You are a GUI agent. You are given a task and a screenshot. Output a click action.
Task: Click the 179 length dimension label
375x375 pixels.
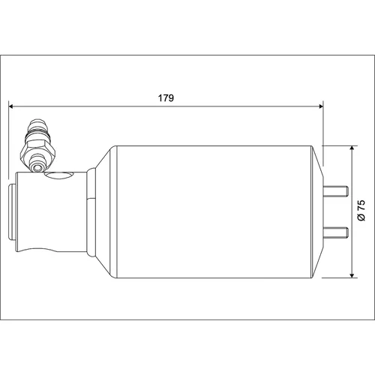[166, 98]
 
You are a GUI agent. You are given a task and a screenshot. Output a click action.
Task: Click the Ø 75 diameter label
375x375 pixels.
[361, 210]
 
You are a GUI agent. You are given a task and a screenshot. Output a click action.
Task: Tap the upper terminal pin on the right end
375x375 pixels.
[335, 191]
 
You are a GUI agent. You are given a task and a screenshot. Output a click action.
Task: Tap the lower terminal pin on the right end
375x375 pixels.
[335, 232]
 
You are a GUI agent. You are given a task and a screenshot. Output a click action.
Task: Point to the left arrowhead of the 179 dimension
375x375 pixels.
[11, 106]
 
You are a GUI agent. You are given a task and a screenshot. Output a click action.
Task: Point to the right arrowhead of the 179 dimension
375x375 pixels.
[320, 106]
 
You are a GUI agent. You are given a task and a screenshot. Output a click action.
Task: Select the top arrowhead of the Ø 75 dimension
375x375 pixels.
[352, 148]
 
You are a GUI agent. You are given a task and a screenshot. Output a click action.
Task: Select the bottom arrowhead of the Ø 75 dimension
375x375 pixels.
[352, 274]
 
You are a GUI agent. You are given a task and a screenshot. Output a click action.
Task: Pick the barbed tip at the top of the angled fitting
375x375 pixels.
[37, 125]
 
